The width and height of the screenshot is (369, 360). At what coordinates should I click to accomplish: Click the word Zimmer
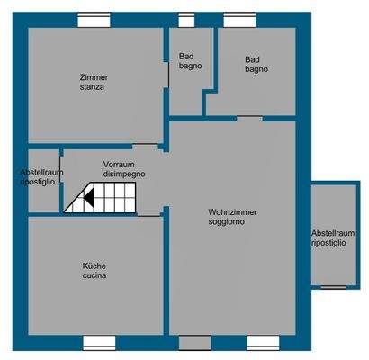[x=93, y=77]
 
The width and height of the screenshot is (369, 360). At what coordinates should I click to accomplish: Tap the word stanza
[x=93, y=88]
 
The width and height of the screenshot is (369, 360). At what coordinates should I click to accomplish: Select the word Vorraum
[x=119, y=165]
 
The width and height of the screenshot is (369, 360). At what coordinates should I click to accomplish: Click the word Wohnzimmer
[x=232, y=211]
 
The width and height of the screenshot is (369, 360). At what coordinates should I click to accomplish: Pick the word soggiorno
[x=227, y=221]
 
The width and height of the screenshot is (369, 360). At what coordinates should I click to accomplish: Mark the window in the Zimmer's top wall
[x=94, y=19]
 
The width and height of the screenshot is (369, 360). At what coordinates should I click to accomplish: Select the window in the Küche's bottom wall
[x=100, y=342]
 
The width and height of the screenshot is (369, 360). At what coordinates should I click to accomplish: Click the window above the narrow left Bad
[x=186, y=19]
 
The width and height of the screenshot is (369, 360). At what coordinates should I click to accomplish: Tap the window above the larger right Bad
[x=238, y=19]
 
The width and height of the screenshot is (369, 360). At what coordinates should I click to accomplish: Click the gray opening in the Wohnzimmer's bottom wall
[x=193, y=342]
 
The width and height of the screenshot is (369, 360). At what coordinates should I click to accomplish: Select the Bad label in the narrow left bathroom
[x=188, y=56]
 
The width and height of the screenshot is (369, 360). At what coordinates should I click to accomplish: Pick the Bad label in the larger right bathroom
[x=254, y=60]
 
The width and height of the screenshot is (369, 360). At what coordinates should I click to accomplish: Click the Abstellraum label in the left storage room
[x=38, y=172]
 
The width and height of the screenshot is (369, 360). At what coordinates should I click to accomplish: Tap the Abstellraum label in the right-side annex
[x=332, y=232]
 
